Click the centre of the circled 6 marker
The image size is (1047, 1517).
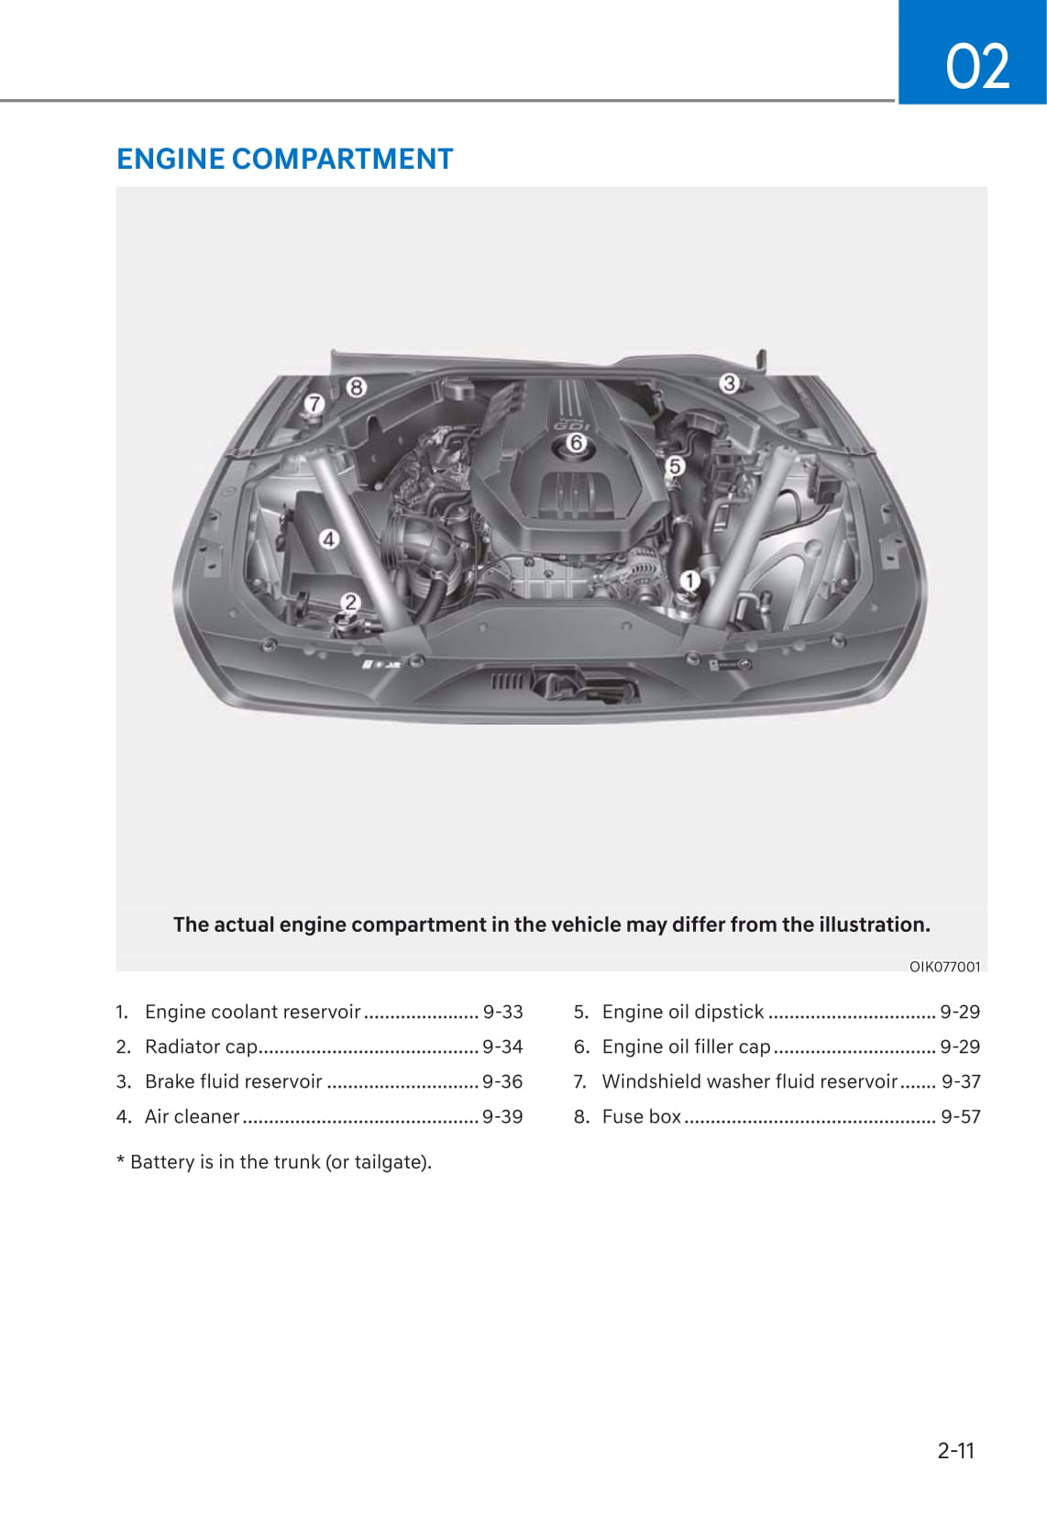coord(576,443)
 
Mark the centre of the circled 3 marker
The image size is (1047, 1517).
coord(729,384)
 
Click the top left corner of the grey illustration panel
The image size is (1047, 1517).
coord(116,188)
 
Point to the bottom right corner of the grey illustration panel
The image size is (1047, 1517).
coord(987,971)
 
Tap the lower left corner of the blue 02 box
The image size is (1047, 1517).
coord(898,104)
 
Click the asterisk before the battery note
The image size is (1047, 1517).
coord(120,1161)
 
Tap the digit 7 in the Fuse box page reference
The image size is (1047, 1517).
coord(975,1117)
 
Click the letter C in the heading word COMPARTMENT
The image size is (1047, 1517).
coord(242,160)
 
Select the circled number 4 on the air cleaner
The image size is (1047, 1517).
coord(329,539)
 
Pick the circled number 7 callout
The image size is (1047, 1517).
coord(314,404)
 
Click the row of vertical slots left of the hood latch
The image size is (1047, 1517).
coord(507,681)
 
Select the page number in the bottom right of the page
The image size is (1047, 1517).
coord(955,1450)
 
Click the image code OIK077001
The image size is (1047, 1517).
coord(945,967)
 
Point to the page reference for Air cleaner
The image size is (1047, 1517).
coord(502,1117)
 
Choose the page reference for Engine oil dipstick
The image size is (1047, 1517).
coord(960,1012)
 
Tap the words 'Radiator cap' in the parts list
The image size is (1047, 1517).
coord(201,1047)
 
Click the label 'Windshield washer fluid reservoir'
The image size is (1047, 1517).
coord(750,1081)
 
